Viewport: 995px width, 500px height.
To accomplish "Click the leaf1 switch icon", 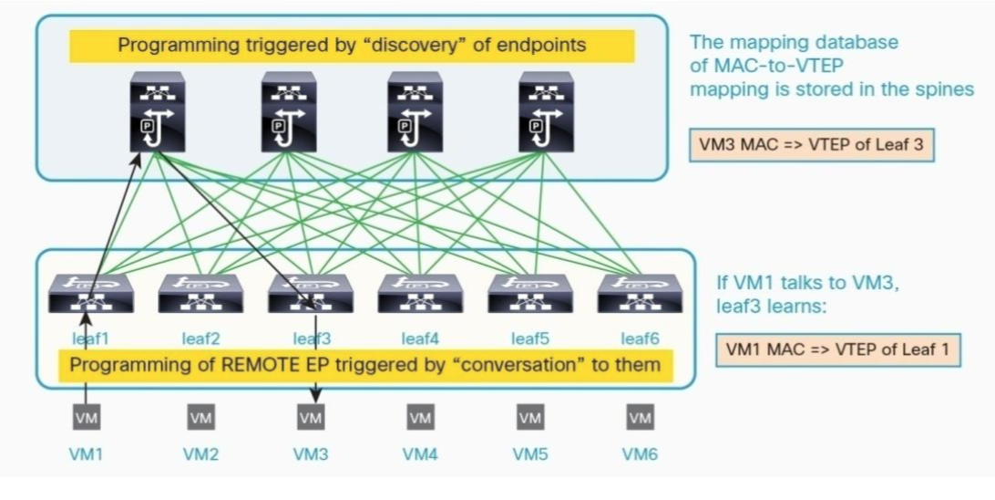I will click(x=91, y=293).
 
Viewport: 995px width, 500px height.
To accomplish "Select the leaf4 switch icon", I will click(x=420, y=293).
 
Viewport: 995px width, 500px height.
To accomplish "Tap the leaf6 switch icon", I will click(x=640, y=293).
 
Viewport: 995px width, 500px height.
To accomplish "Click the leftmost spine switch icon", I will click(x=157, y=113).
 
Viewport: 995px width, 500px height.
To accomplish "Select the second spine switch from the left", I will click(x=288, y=113).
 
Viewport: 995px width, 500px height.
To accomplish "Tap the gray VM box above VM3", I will click(x=311, y=418).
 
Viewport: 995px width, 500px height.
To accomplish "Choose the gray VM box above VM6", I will click(x=640, y=418).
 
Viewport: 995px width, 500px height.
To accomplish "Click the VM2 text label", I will click(x=200, y=453).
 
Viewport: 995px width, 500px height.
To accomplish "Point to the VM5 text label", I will click(x=530, y=453).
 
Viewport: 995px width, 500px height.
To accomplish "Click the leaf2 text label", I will click(x=200, y=339).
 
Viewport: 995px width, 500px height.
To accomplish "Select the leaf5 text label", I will click(x=529, y=339).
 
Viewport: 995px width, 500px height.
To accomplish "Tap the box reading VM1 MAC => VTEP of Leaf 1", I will click(x=838, y=349).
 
